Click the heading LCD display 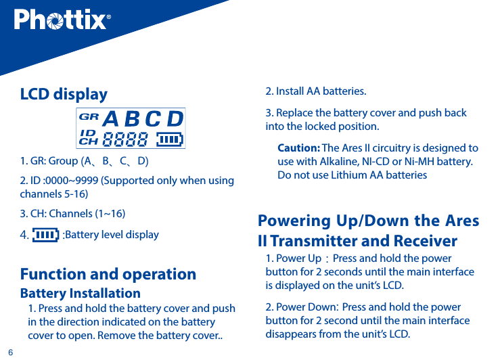point(64,94)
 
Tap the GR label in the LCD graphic point(89,116)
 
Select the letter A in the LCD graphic point(110,119)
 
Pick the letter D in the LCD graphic point(175,119)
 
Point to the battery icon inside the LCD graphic point(170,139)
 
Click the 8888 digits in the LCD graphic point(126,139)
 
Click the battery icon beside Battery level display point(45,235)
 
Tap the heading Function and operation point(108,274)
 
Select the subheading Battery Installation point(81,294)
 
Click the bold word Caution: point(298,148)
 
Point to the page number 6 point(10,352)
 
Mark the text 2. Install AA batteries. point(316,91)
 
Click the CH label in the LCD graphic point(88,142)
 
